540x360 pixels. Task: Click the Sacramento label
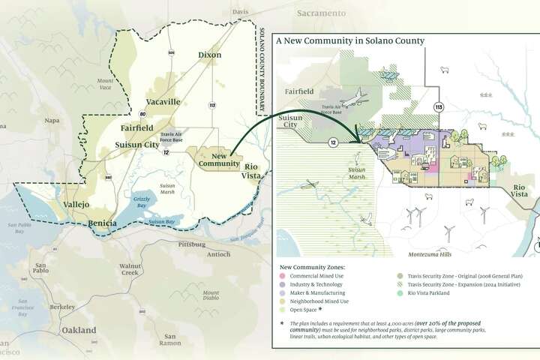tap(321, 13)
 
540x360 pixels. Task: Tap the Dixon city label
tap(210, 55)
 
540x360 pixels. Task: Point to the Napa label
tap(51, 120)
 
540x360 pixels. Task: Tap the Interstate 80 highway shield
tap(142, 113)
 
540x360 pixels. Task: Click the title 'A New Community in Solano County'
tap(350, 41)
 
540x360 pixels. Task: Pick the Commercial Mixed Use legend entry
tap(317, 276)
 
